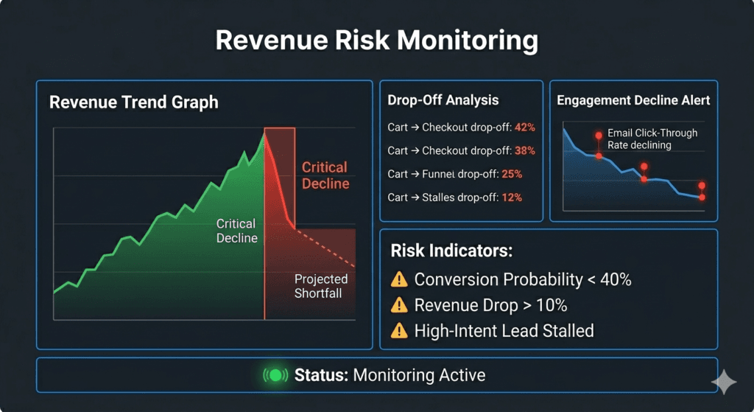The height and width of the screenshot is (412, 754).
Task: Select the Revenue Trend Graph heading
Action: (x=133, y=102)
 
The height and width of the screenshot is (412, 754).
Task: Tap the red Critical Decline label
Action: (x=325, y=175)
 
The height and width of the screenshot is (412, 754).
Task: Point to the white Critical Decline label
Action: (x=236, y=230)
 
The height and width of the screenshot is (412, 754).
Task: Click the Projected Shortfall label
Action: (x=321, y=286)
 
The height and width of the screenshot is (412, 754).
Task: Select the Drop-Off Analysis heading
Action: (x=443, y=100)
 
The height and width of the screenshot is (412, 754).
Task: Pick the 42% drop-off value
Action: (x=524, y=128)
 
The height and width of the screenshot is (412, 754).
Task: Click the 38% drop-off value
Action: (x=524, y=151)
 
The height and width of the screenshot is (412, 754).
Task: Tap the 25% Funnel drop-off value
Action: (x=512, y=175)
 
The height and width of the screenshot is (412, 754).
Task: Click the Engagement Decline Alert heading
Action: (x=633, y=100)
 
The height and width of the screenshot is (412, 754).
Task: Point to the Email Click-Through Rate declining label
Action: (x=652, y=139)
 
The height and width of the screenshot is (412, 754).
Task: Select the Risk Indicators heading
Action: (x=451, y=251)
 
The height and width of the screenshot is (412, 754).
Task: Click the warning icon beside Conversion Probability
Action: (x=399, y=279)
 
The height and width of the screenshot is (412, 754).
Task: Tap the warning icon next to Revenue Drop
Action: (x=399, y=305)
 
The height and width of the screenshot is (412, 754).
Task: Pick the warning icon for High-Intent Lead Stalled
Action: (x=399, y=331)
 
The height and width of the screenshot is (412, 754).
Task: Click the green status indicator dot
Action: (x=275, y=375)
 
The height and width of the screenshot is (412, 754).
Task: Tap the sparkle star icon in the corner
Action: (x=723, y=382)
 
